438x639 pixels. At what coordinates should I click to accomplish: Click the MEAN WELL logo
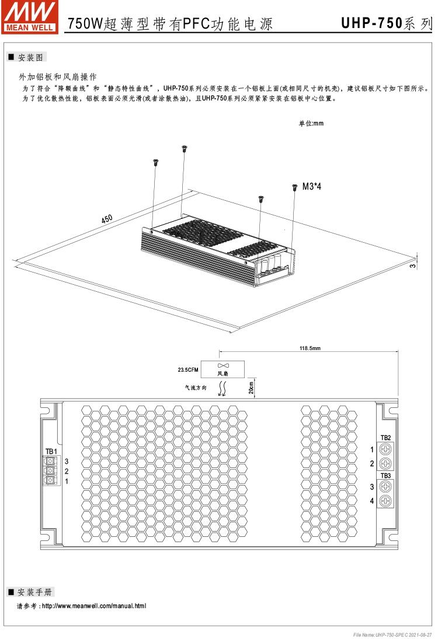point(30,16)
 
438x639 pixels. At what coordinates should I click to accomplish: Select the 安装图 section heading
point(29,57)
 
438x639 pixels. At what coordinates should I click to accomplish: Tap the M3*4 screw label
point(312,187)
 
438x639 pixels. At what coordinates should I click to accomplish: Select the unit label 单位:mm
point(311,124)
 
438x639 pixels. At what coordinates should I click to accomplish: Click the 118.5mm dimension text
point(310,348)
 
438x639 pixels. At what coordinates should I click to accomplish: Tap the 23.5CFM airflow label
point(189,369)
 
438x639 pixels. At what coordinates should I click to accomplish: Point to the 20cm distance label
point(251,388)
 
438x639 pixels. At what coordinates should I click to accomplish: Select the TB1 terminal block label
point(51,451)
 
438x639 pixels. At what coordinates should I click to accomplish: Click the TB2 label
point(385,438)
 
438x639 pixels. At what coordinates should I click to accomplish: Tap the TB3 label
point(385,475)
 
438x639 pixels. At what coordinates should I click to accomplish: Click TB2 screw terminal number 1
point(385,450)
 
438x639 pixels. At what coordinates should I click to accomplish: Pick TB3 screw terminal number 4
point(385,501)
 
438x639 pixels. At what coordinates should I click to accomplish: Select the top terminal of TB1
point(51,461)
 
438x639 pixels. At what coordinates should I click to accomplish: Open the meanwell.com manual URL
point(93,606)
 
